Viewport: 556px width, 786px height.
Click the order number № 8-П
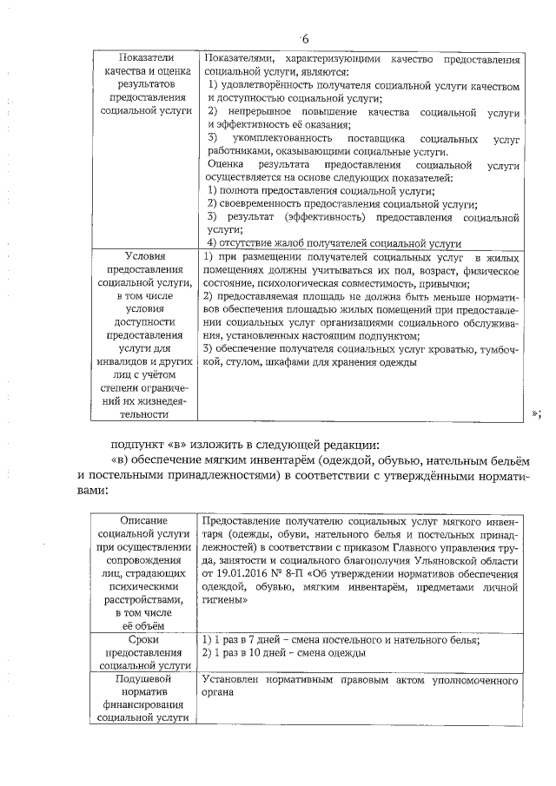298,572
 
